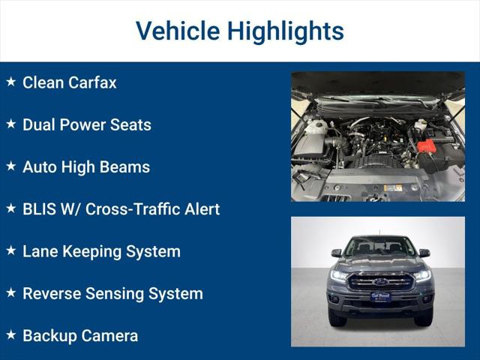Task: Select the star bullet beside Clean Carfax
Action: [10, 82]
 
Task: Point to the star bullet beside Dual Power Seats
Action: [10, 124]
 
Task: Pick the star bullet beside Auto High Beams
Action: [10, 166]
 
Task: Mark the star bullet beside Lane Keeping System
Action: [10, 250]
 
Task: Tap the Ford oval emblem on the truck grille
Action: [380, 283]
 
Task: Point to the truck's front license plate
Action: [380, 297]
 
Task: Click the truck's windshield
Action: [380, 247]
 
